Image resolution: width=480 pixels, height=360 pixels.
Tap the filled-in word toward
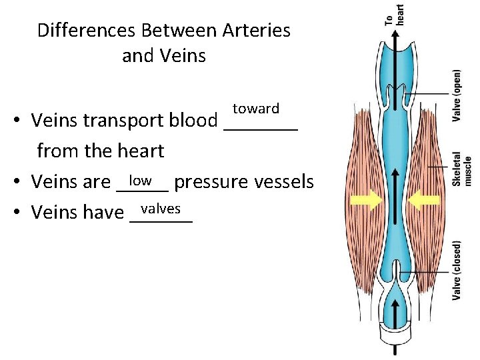click(256, 108)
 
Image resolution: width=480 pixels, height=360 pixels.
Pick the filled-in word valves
click(161, 208)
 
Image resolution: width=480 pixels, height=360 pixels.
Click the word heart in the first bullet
click(139, 151)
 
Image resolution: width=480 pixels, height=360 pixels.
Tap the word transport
click(123, 121)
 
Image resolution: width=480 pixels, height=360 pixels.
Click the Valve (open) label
click(457, 96)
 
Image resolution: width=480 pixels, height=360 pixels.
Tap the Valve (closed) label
click(457, 270)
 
